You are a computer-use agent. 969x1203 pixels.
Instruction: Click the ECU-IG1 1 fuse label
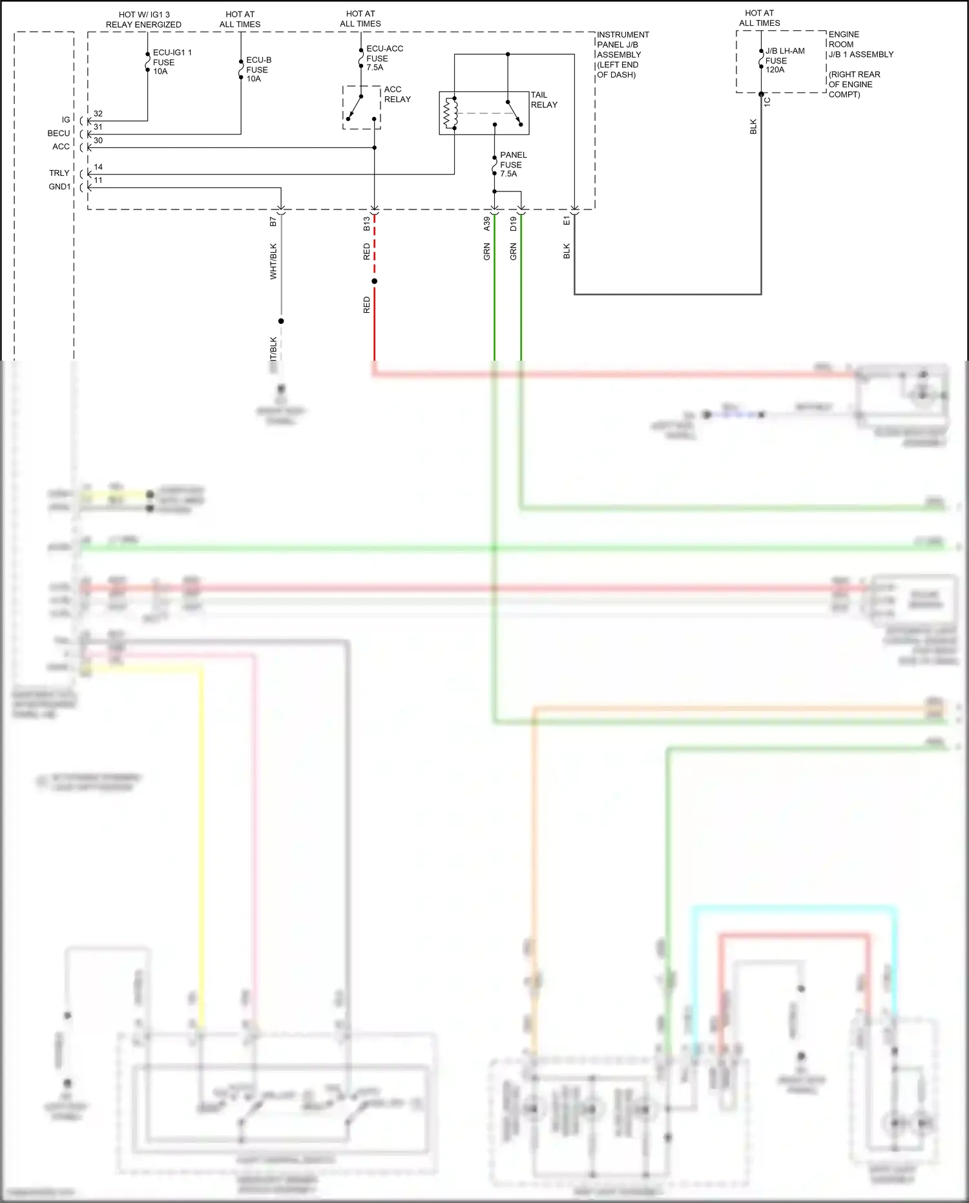[x=171, y=62]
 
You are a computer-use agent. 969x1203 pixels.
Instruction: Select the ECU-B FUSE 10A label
[x=258, y=69]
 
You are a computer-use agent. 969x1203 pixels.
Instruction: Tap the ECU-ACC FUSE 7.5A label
[x=384, y=58]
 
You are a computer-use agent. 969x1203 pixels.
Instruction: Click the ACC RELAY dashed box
[x=361, y=107]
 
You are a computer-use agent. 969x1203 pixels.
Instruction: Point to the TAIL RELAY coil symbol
[x=450, y=114]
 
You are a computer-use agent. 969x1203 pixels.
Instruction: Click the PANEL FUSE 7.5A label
[x=513, y=164]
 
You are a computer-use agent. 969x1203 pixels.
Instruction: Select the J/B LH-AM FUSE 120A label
[x=784, y=60]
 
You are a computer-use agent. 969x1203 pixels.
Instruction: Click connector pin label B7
[x=273, y=222]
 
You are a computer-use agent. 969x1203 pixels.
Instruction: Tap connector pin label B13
[x=366, y=224]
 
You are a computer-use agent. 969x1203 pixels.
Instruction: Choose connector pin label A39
[x=486, y=224]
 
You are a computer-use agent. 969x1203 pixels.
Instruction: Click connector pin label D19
[x=513, y=224]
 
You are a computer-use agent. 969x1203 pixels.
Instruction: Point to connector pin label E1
[x=567, y=221]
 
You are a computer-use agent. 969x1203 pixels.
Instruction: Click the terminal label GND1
[x=59, y=187]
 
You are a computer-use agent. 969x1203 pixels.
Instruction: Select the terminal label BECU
[x=58, y=133]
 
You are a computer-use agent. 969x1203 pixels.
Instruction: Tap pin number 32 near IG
[x=98, y=114]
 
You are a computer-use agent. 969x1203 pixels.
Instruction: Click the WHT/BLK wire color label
[x=273, y=261]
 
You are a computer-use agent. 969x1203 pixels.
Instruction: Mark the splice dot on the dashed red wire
[x=374, y=281]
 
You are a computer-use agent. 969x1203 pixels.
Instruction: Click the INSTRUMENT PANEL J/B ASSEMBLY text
[x=621, y=54]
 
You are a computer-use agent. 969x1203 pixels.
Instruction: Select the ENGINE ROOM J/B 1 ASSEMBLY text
[x=860, y=44]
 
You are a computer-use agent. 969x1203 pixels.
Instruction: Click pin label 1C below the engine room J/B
[x=767, y=101]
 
